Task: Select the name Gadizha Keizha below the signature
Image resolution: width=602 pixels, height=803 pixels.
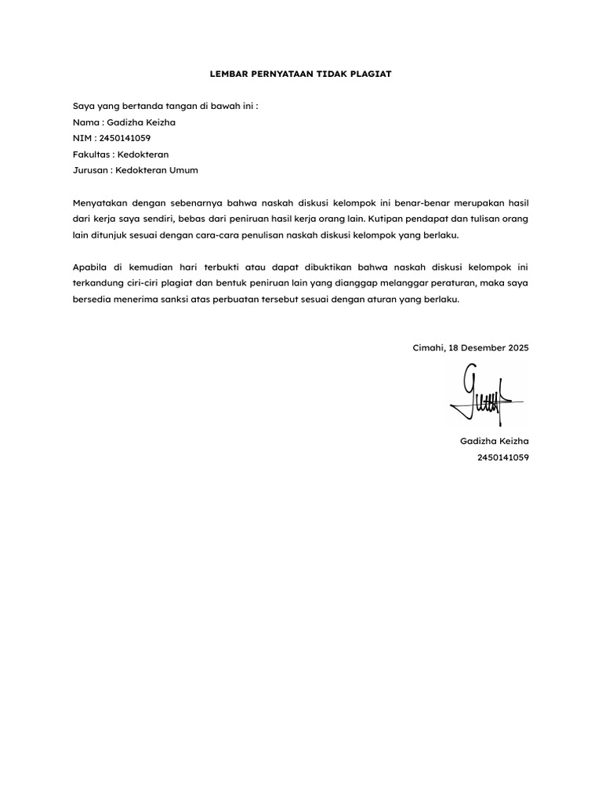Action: (494, 441)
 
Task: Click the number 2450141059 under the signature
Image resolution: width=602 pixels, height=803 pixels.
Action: (502, 457)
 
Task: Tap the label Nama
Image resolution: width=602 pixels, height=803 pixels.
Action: (86, 122)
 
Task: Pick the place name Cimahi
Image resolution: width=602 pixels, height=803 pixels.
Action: (428, 347)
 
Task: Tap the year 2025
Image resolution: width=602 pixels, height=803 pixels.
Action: (518, 347)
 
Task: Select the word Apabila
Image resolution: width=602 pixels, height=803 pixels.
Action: (89, 267)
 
